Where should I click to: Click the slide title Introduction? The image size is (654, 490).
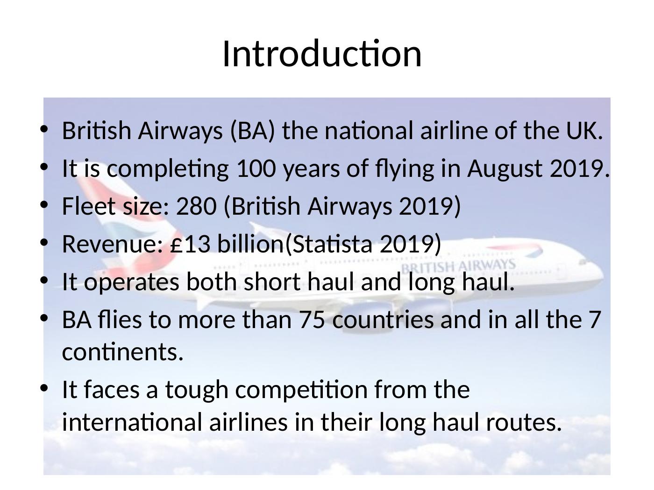coord(322,54)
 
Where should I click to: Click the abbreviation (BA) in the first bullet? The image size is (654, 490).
coord(252,131)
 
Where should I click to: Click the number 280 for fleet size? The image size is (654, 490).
coord(196,206)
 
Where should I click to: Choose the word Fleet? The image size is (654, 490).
coord(88,206)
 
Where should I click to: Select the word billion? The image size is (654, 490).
coord(250,243)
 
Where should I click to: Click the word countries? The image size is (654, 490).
coord(383,320)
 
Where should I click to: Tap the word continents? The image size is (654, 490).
coord(122,352)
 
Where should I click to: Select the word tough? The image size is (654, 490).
coord(197,390)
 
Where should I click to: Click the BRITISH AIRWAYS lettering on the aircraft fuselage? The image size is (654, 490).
coord(459,266)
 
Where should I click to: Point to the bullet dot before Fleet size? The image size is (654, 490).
coord(44,204)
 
